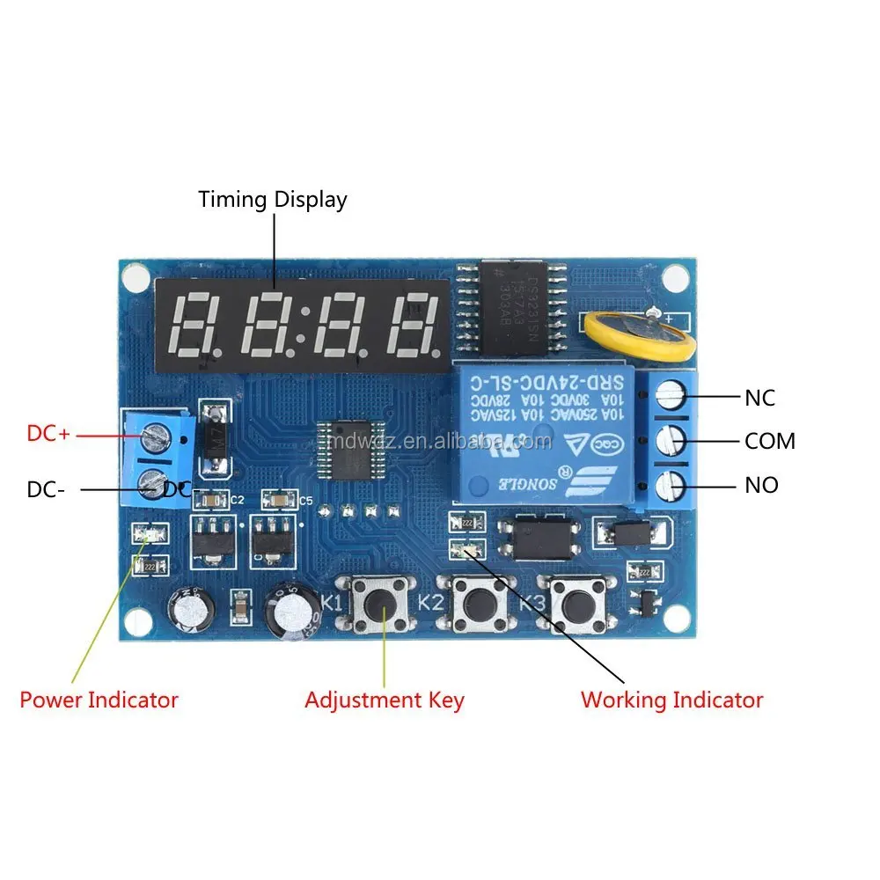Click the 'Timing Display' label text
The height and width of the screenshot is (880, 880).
tap(272, 200)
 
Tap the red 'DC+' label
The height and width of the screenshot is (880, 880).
tap(48, 433)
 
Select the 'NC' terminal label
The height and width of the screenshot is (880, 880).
tap(759, 398)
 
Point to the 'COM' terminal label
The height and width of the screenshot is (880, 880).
tap(769, 441)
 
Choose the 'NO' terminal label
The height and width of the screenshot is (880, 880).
tap(761, 485)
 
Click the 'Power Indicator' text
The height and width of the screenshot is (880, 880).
tap(99, 700)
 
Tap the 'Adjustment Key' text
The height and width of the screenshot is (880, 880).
tap(384, 700)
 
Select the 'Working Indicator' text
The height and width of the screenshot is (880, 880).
tap(671, 700)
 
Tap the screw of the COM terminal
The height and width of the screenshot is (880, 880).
tap(673, 440)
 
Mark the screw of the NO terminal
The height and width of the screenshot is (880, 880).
tap(673, 483)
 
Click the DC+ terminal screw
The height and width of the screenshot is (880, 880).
tap(157, 433)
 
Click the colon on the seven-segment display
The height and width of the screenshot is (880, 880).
tap(302, 323)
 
